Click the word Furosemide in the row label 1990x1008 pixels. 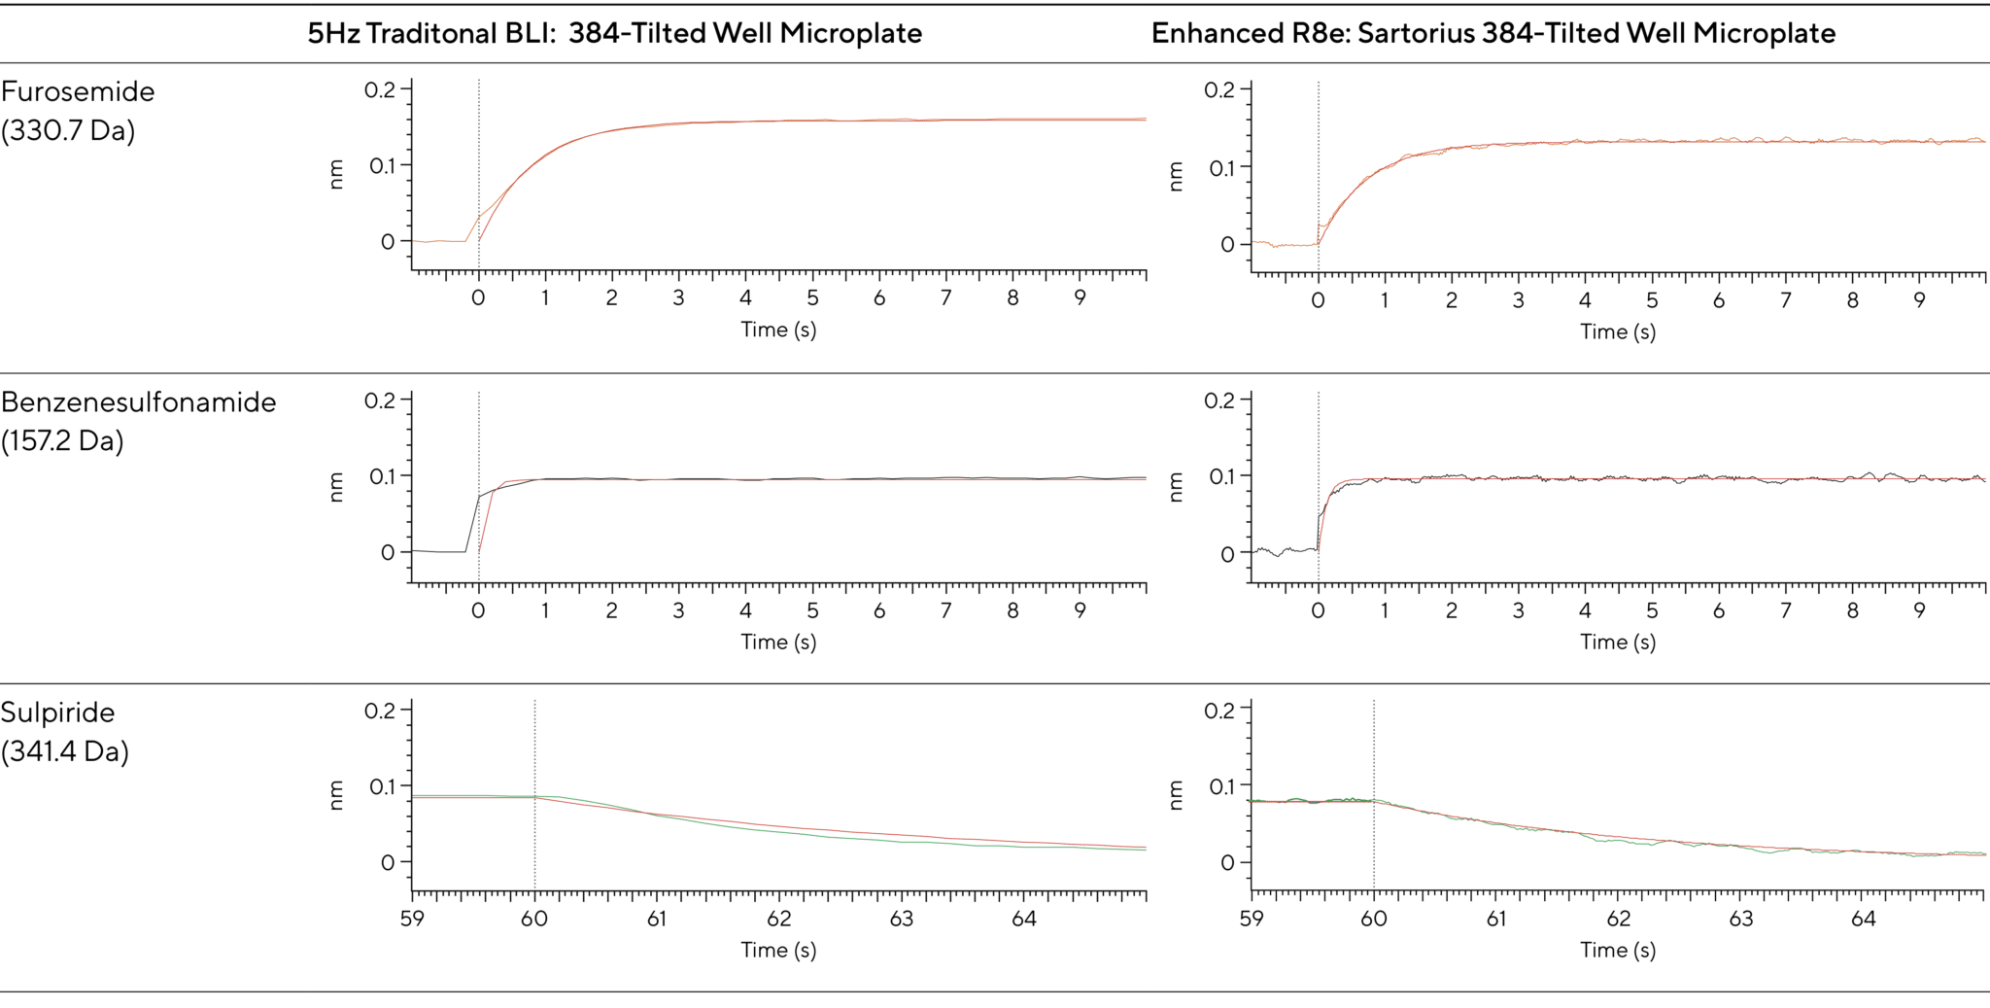[x=78, y=91]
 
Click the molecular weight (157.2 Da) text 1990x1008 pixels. [x=62, y=441]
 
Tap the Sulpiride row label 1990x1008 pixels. [x=57, y=713]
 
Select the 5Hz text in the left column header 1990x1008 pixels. [x=333, y=33]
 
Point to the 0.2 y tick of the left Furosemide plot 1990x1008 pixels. [x=380, y=90]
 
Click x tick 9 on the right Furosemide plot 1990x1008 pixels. [x=1919, y=300]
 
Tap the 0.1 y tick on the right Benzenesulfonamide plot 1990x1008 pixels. [x=1221, y=476]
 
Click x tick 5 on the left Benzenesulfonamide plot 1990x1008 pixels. [x=812, y=610]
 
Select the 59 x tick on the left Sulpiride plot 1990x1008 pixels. [x=412, y=919]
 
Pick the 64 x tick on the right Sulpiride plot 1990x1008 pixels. [x=1863, y=919]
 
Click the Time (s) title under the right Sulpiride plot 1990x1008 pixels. [x=1617, y=950]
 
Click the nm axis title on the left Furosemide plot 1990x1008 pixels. [x=336, y=174]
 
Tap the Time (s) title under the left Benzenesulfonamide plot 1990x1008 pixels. [x=778, y=642]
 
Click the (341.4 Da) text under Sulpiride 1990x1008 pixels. [x=64, y=751]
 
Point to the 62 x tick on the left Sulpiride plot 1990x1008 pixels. [x=778, y=919]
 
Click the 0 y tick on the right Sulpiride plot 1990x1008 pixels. [x=1227, y=863]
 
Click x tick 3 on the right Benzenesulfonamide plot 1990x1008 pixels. [x=1518, y=610]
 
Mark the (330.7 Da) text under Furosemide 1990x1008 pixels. [x=67, y=130]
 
